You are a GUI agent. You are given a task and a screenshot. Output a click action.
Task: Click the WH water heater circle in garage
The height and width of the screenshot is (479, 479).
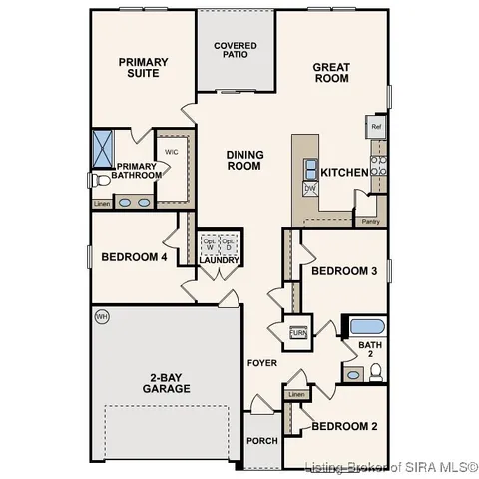tap(101, 317)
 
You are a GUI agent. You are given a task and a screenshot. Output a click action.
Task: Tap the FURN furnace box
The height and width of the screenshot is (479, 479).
tap(297, 333)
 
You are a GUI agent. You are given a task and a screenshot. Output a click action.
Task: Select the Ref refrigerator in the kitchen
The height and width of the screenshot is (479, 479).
tap(376, 127)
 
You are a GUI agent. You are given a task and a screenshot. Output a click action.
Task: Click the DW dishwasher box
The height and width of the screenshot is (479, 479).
tap(309, 188)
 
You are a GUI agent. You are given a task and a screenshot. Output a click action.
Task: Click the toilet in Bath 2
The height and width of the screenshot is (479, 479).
tap(375, 372)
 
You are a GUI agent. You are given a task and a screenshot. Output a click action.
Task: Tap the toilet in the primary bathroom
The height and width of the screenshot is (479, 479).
tap(97, 181)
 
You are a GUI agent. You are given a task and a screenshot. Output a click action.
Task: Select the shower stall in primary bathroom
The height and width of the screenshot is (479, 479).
tap(103, 148)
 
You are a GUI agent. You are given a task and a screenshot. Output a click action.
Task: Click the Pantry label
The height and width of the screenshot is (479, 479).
tap(370, 221)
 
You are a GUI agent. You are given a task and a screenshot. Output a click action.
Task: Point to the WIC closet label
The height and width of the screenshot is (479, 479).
tap(172, 152)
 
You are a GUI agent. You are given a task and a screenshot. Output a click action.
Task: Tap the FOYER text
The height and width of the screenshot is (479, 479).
tap(262, 362)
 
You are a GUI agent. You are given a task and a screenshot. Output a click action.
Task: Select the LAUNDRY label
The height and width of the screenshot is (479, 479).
tap(221, 261)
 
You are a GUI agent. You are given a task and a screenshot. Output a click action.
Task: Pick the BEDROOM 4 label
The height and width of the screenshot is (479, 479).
tap(134, 257)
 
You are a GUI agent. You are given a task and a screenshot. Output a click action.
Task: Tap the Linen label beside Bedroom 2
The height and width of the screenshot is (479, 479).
tap(295, 395)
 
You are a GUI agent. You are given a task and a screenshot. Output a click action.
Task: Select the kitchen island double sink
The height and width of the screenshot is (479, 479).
tap(310, 168)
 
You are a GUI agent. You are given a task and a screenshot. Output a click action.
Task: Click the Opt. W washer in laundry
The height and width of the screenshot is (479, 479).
tap(210, 243)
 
